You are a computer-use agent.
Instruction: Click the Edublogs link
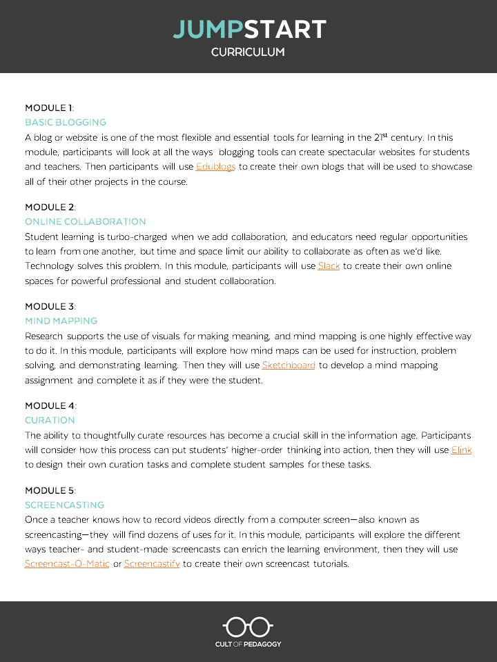coord(216,167)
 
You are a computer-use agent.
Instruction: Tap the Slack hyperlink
coord(329,265)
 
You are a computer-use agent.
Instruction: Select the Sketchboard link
coord(289,365)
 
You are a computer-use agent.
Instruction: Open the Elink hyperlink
coord(461,450)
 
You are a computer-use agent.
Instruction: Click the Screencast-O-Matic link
coord(67,563)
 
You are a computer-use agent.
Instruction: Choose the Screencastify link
coord(152,563)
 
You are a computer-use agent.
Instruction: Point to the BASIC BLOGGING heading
coord(66,122)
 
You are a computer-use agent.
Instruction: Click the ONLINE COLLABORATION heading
coord(86,221)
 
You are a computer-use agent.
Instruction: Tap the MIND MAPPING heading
coord(61,321)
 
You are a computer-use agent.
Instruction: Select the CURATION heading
coord(50,420)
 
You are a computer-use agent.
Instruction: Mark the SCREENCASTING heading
coord(64,505)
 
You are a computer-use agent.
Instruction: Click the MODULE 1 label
coord(49,108)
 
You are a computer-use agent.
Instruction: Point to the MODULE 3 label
coord(50,306)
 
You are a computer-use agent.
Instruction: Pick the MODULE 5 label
coord(50,490)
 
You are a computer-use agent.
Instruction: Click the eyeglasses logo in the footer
coord(248,627)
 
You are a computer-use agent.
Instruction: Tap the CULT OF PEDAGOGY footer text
coord(248,644)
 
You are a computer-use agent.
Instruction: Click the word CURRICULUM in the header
coord(248,52)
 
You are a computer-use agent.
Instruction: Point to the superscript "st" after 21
coord(384,135)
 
